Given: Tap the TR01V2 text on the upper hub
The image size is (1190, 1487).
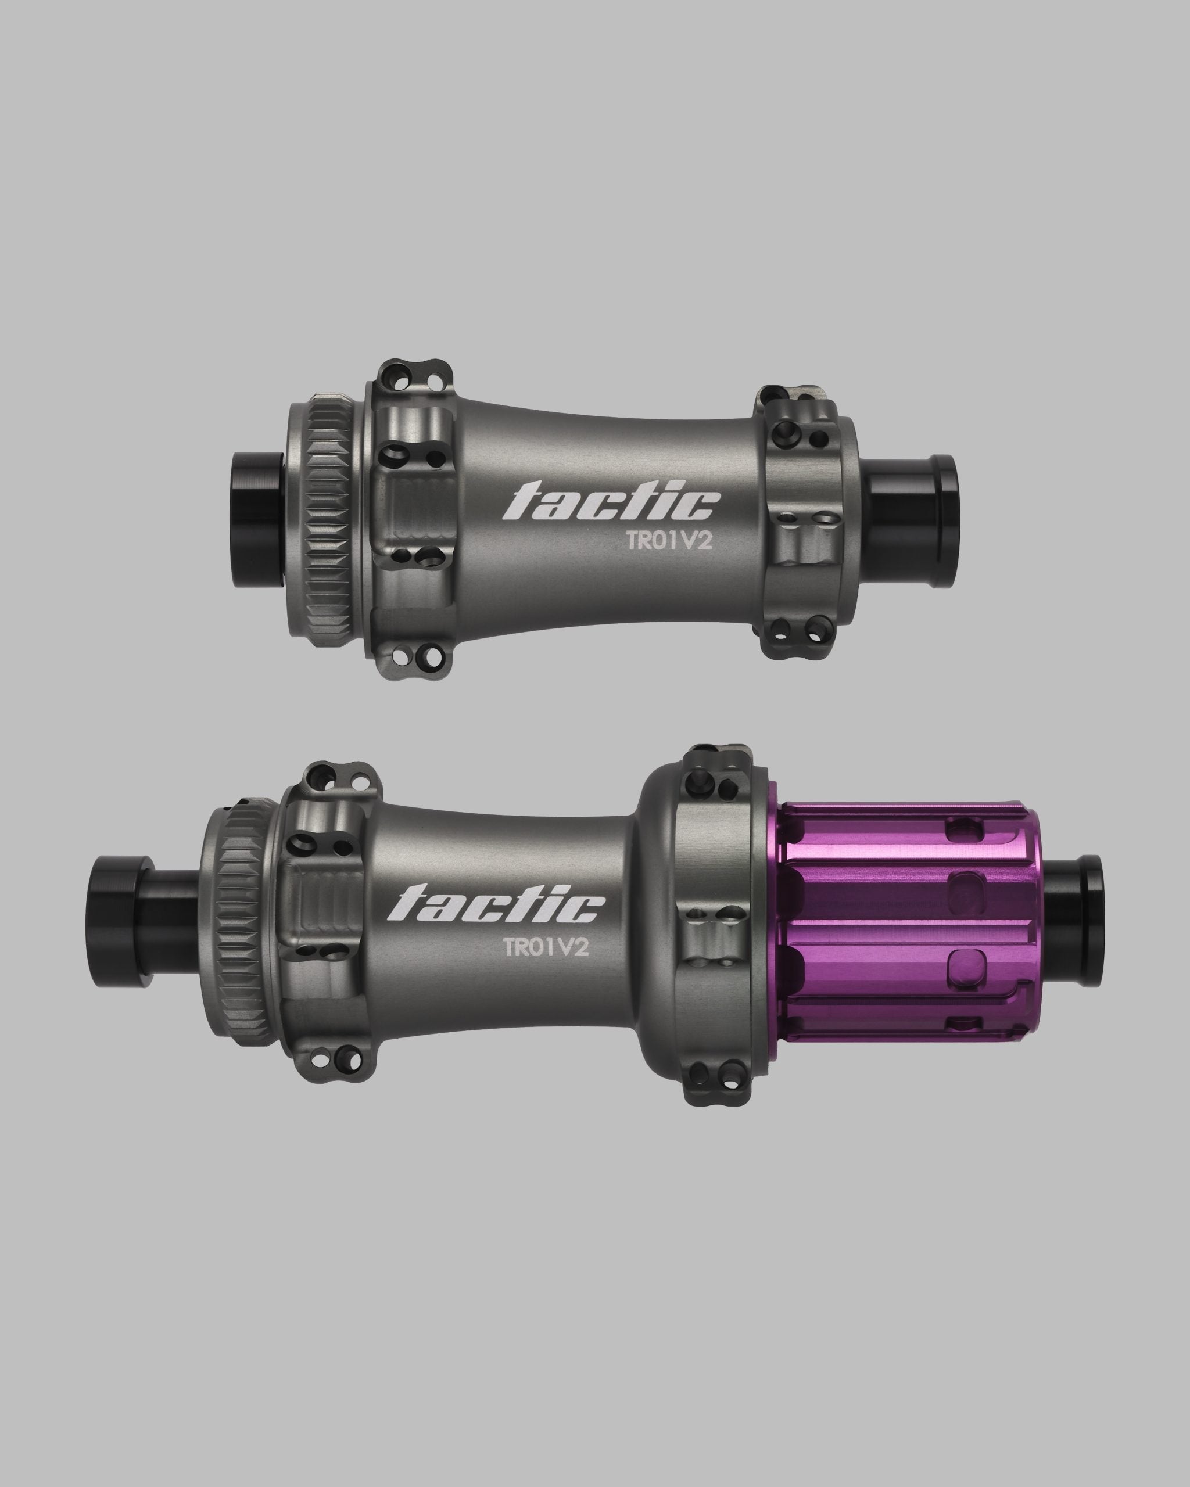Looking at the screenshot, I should pos(668,541).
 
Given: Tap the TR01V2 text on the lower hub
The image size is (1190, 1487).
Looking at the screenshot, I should pos(546,947).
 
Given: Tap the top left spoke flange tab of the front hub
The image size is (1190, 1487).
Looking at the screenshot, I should pos(413,377).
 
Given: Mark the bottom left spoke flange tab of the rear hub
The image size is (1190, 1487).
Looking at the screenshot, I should pos(336,1055).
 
